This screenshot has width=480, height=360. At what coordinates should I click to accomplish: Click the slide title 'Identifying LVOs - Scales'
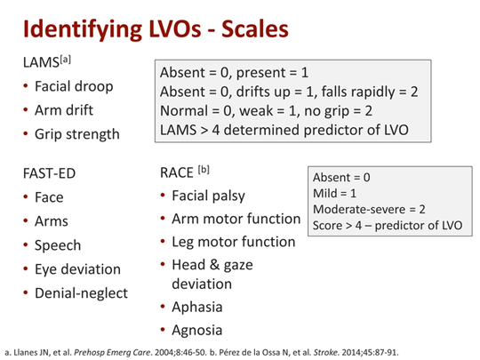[x=155, y=28]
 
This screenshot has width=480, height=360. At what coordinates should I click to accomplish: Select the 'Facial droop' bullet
[x=70, y=88]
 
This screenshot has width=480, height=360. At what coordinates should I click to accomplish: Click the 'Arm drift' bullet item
[x=64, y=112]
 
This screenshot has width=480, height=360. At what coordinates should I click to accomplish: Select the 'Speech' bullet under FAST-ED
[x=58, y=245]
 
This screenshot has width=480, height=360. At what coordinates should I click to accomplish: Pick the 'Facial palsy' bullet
[x=208, y=196]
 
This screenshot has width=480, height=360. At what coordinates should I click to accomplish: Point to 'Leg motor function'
[x=233, y=242]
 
